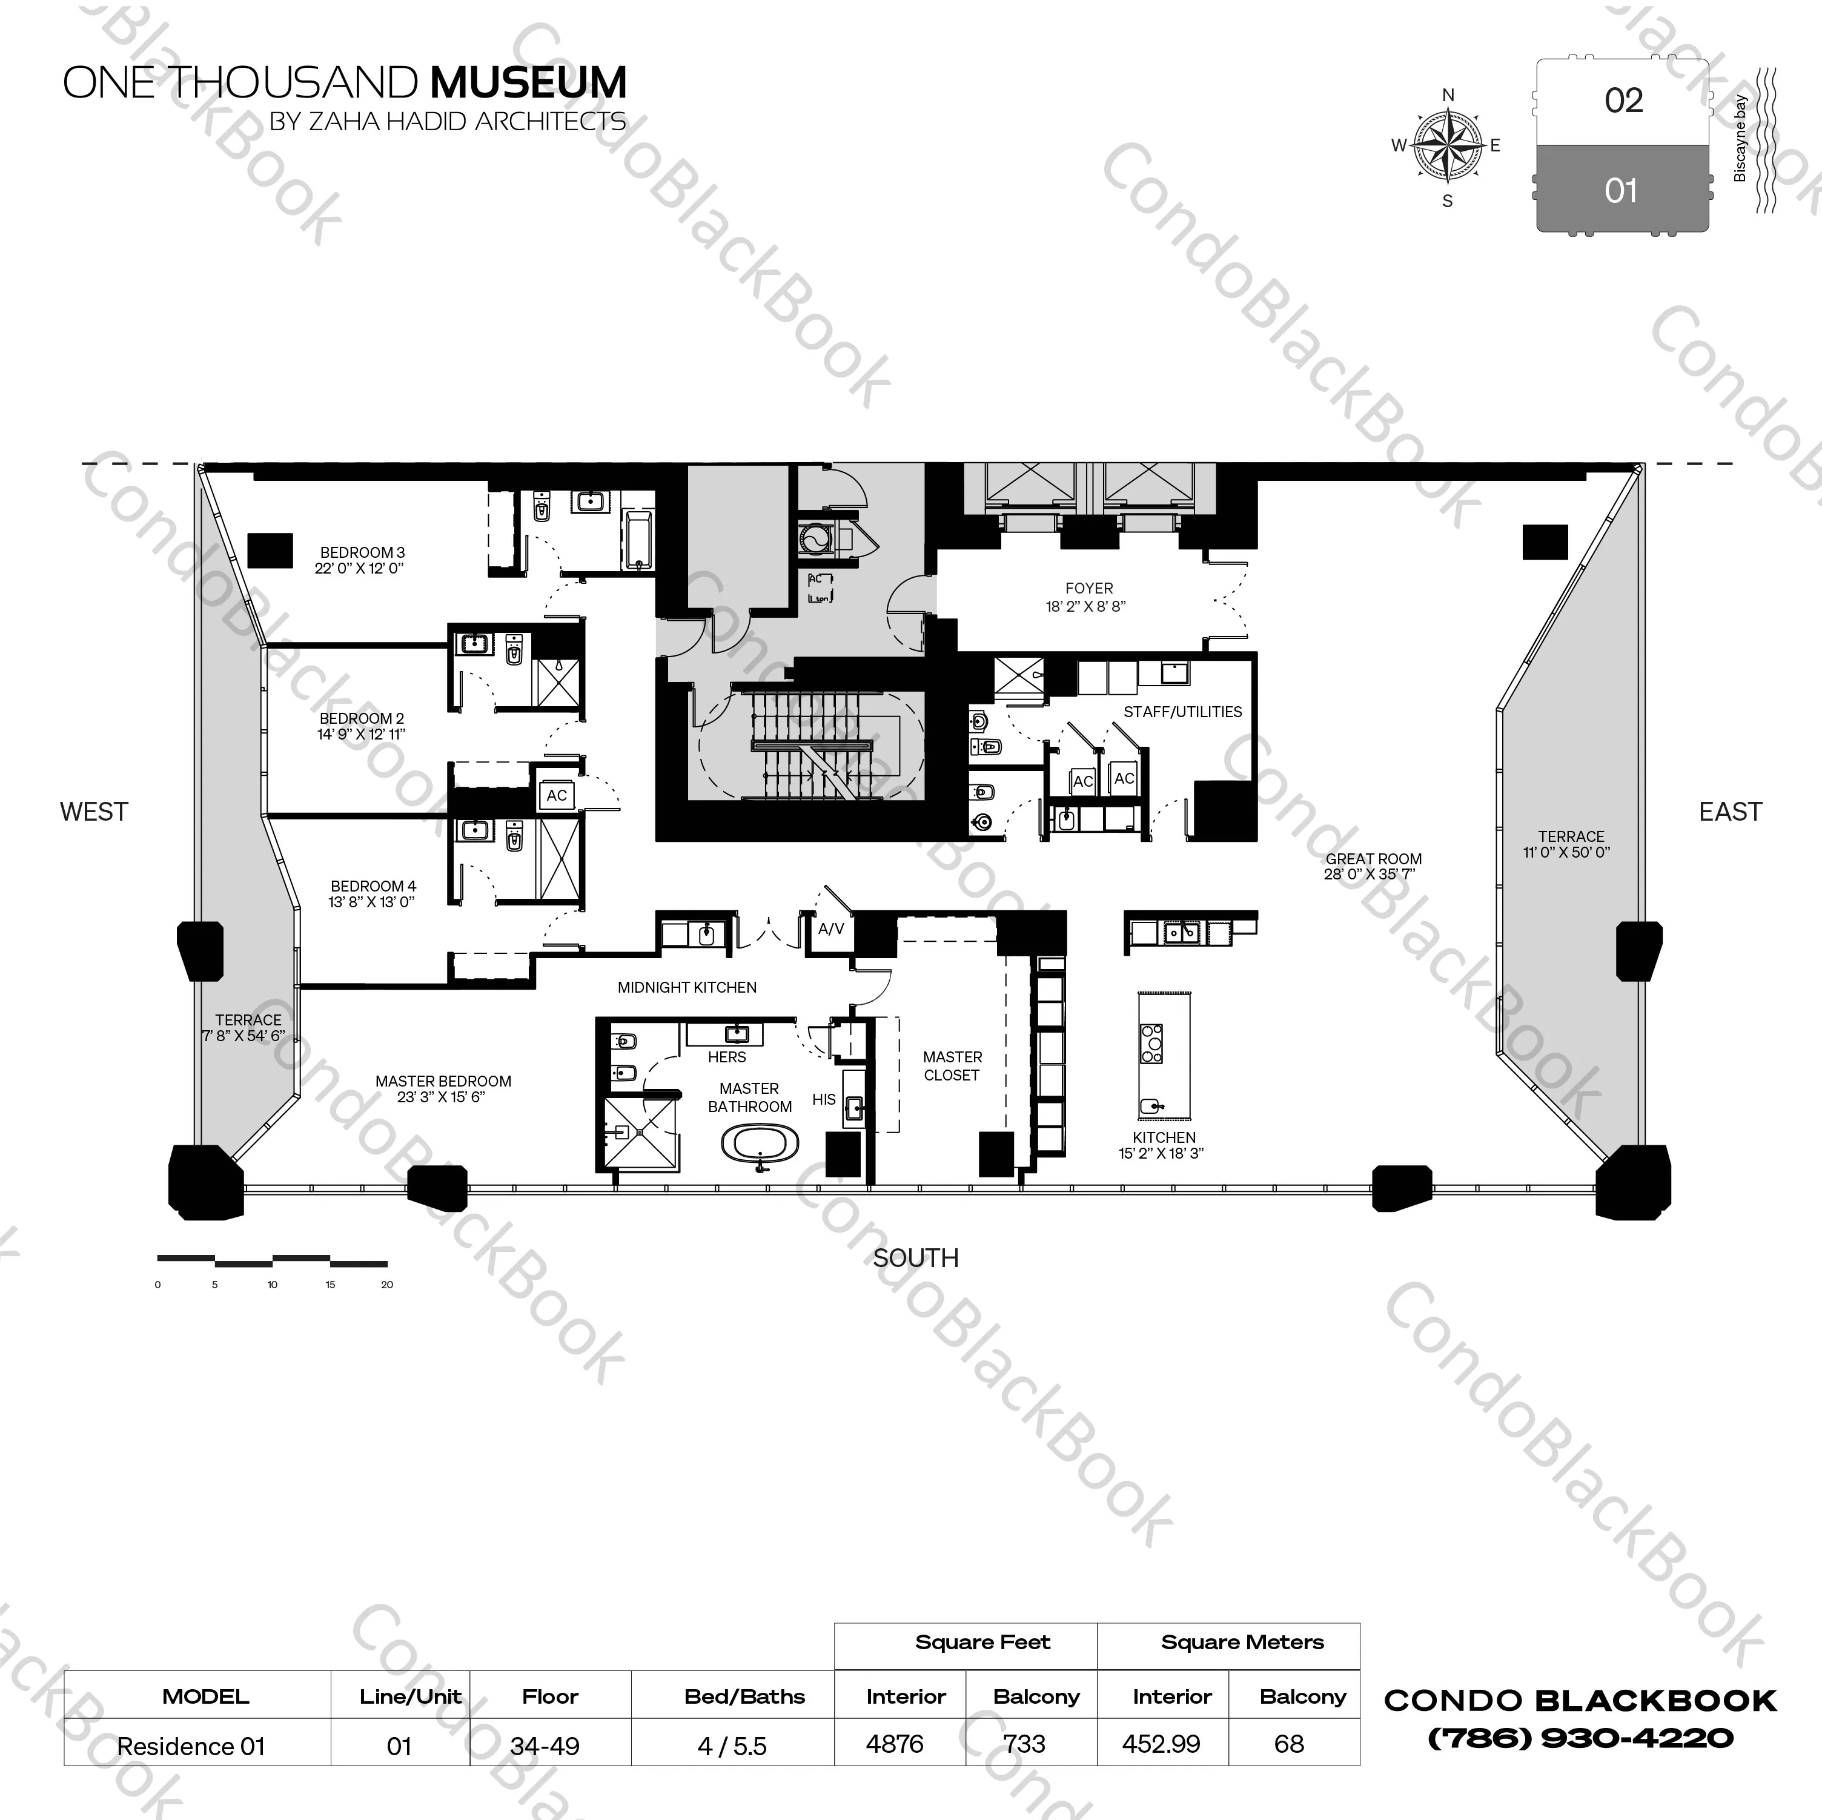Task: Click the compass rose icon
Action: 1448,145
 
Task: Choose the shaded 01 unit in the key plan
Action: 1622,191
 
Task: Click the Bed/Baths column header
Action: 744,1696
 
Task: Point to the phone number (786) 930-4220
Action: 1580,1738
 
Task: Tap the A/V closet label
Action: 831,929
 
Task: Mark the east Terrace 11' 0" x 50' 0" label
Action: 1570,844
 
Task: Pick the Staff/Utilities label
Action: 1182,712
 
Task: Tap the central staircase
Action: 811,745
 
